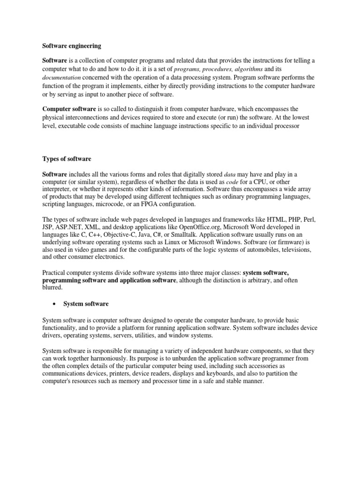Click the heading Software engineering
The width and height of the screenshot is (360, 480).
71,46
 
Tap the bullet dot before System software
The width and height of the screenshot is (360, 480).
55,304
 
